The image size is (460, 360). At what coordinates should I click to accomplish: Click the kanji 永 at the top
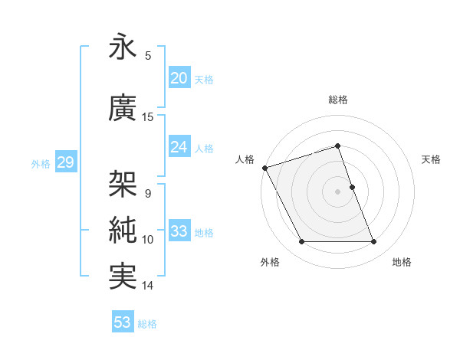coord(123,47)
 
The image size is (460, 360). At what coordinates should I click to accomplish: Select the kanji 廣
coord(123,110)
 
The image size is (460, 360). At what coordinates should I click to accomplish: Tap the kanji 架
coord(123,185)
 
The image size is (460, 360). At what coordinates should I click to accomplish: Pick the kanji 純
coord(123,231)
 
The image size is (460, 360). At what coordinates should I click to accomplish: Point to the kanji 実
coord(123,277)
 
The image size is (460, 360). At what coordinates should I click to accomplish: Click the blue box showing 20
coord(179,78)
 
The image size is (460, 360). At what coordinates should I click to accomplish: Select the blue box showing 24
coord(179,147)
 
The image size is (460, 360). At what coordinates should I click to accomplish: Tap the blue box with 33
coord(179,231)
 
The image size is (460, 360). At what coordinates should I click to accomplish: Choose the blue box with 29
coord(65,162)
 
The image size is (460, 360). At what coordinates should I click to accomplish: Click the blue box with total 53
coord(123,322)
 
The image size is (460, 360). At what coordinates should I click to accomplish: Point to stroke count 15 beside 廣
coord(148,117)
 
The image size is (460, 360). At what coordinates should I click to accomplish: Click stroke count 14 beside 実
coord(148,286)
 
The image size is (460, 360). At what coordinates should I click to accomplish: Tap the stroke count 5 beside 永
coord(148,55)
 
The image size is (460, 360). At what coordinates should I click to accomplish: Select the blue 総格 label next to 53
coord(147,324)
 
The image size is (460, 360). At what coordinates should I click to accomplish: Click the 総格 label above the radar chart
coord(337,100)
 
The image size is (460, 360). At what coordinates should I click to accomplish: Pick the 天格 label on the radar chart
coord(431,159)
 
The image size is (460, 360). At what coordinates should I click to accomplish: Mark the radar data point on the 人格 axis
coord(264,168)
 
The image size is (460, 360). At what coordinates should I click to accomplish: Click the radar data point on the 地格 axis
coord(374,242)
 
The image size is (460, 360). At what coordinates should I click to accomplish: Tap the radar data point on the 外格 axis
coord(301,242)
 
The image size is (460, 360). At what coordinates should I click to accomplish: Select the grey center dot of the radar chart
coord(337,191)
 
